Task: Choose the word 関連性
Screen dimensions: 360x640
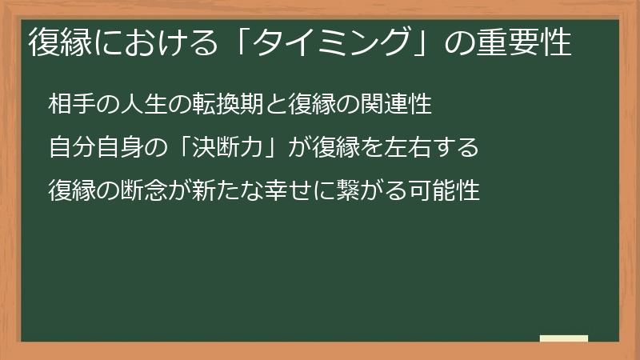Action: click(397, 104)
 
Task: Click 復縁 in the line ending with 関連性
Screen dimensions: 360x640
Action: click(313, 104)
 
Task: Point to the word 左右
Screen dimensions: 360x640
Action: click(409, 147)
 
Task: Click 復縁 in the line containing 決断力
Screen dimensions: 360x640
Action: click(337, 147)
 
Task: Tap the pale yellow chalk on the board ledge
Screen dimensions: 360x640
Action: click(564, 338)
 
